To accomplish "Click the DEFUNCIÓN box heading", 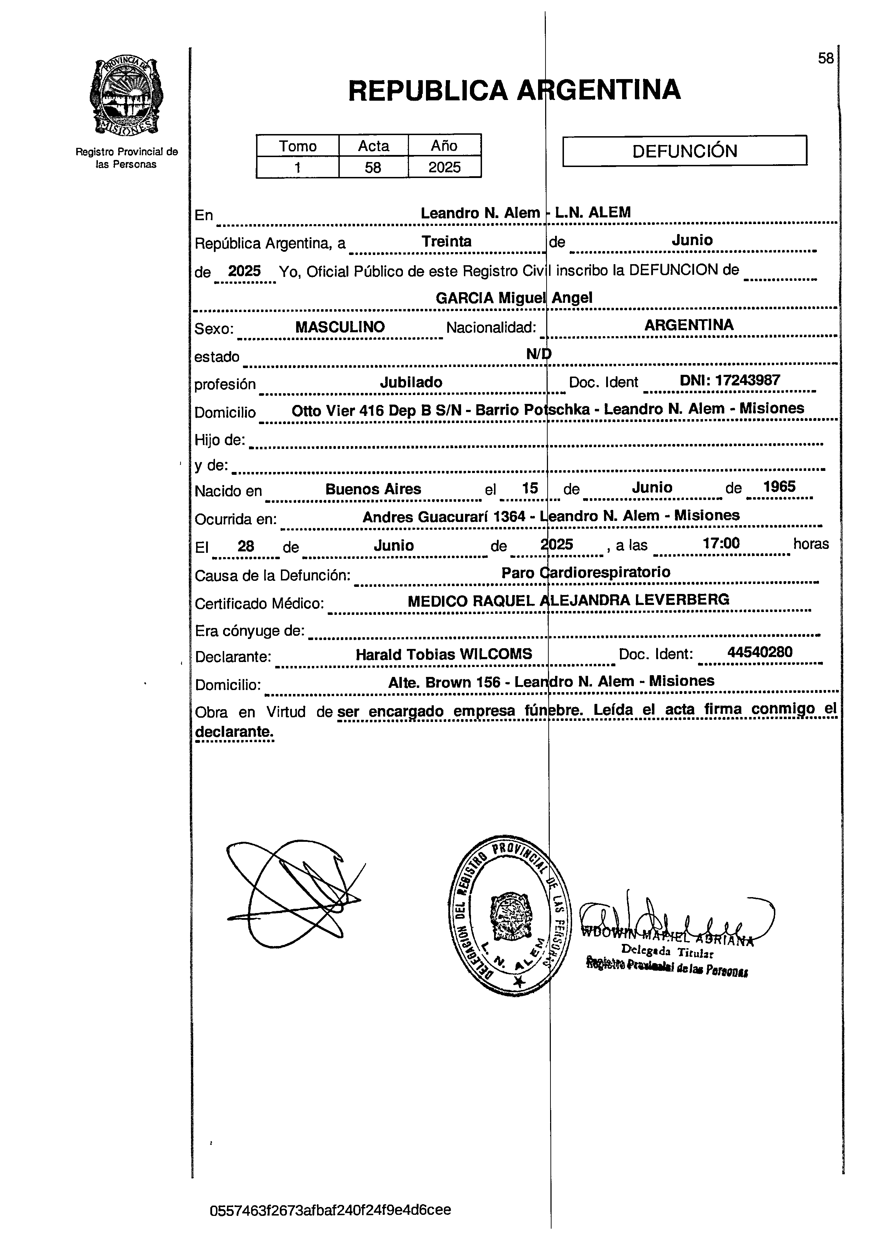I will (684, 151).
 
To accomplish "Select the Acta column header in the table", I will (373, 146).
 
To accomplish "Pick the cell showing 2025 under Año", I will (444, 167).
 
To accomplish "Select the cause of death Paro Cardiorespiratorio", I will (585, 572).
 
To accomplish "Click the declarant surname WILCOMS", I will (496, 654).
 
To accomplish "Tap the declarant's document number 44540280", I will (760, 652).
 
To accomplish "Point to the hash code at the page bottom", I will (330, 1210).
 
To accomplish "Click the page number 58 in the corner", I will (825, 59).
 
